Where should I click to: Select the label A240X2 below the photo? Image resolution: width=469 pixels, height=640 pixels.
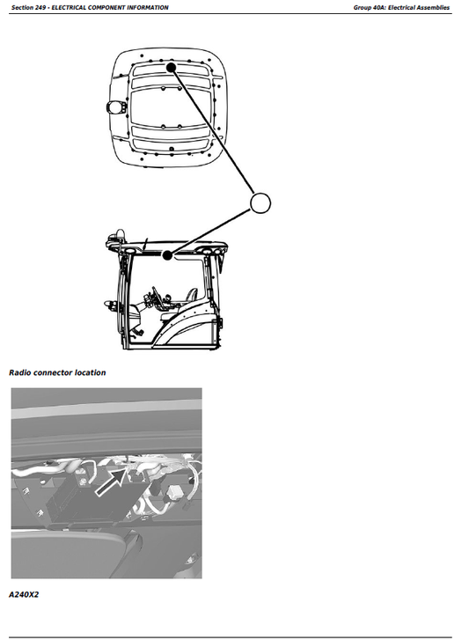point(24,595)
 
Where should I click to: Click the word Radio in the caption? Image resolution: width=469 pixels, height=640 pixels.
point(22,372)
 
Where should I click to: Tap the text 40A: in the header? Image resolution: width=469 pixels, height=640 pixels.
point(381,7)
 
